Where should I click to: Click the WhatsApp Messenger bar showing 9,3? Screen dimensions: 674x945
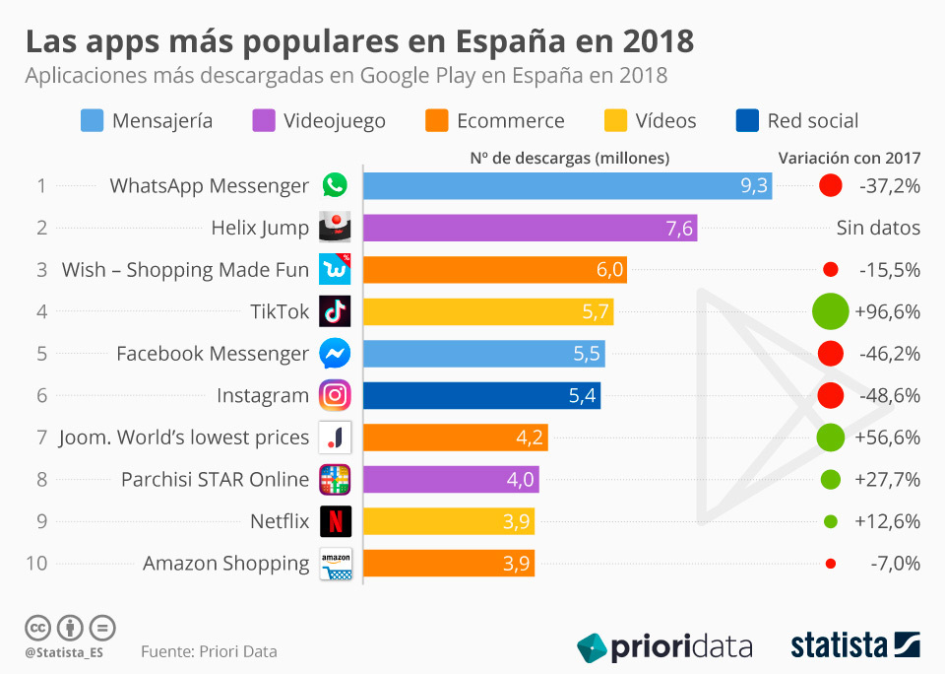point(567,185)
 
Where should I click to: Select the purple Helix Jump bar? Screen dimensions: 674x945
point(530,228)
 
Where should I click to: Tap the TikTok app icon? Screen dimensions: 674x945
point(335,311)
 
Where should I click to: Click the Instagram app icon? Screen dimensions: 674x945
point(335,395)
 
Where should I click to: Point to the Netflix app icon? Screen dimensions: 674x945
point(335,521)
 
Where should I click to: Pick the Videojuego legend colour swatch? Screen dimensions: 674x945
point(264,121)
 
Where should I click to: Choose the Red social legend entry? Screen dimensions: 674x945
point(797,121)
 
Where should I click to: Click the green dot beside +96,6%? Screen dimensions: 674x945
point(831,311)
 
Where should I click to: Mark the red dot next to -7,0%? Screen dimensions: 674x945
point(831,564)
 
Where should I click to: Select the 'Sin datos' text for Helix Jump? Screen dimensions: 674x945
point(878,228)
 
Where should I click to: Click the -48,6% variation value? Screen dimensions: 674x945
point(888,395)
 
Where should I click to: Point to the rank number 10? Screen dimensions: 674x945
point(36,564)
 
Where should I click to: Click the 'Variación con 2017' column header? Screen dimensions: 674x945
point(849,158)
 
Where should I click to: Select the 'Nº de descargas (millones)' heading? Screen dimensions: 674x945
point(569,158)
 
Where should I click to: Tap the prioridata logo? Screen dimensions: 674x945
point(664,646)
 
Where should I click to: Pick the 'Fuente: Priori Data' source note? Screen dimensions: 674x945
point(209,651)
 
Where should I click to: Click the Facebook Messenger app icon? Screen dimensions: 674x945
point(335,353)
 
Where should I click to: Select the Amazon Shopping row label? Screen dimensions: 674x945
point(225,564)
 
